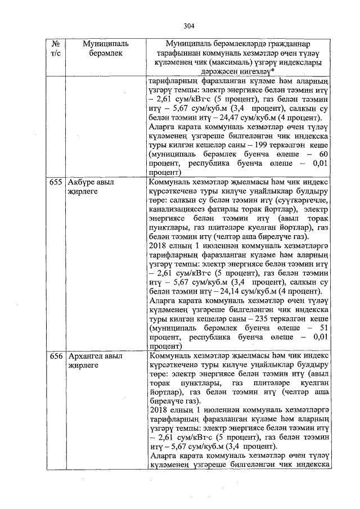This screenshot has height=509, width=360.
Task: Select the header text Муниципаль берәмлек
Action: (x=105, y=48)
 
